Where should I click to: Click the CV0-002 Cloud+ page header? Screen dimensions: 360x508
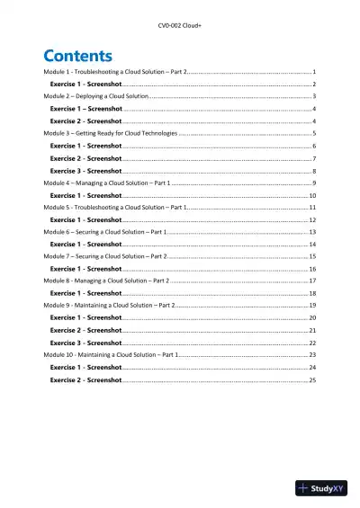pos(180,18)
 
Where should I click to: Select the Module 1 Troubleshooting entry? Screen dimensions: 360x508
pos(116,70)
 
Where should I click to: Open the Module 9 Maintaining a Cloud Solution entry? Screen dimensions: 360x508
pos(109,306)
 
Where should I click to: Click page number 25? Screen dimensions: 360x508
pos(311,380)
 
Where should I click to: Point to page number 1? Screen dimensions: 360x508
pos(313,70)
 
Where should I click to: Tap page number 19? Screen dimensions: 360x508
pos(311,306)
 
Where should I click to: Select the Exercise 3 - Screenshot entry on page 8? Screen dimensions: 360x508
pos(85,170)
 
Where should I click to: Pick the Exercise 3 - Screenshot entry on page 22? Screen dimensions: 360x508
pos(85,343)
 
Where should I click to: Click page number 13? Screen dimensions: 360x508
pos(311,232)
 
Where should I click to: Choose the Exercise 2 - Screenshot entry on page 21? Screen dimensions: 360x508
pos(85,330)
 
